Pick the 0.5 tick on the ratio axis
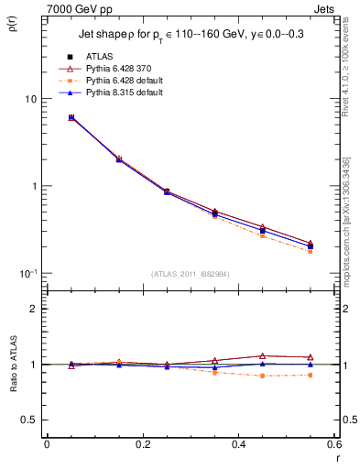[x=29, y=420]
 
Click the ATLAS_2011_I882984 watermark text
[x=190, y=273]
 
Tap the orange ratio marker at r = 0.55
[x=311, y=375]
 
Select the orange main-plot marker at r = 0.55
[x=311, y=251]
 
